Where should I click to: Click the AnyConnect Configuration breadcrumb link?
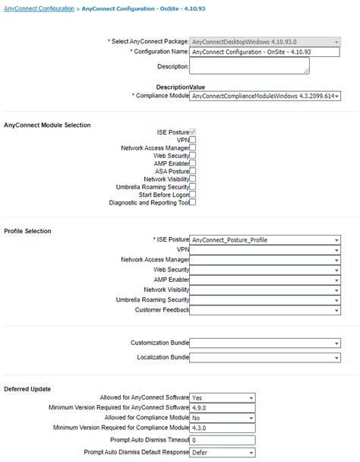point(39,8)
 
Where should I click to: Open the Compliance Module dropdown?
point(264,97)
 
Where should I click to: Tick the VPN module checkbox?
point(193,140)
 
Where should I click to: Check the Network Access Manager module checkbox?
point(193,147)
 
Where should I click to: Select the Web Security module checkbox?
point(193,155)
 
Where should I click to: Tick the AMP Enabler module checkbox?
point(193,163)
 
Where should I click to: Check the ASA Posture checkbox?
point(193,171)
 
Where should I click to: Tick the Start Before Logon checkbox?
point(193,195)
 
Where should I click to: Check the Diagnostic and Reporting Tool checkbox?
point(193,202)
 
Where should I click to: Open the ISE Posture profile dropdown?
point(264,240)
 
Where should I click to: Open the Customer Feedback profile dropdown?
point(264,310)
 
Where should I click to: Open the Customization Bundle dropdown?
point(264,343)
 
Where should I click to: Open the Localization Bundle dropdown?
point(264,357)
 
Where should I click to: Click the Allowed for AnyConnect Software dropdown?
point(222,397)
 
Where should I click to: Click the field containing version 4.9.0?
point(222,407)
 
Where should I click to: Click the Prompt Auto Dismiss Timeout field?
point(222,440)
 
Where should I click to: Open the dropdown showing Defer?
point(222,451)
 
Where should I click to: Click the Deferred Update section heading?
point(28,388)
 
